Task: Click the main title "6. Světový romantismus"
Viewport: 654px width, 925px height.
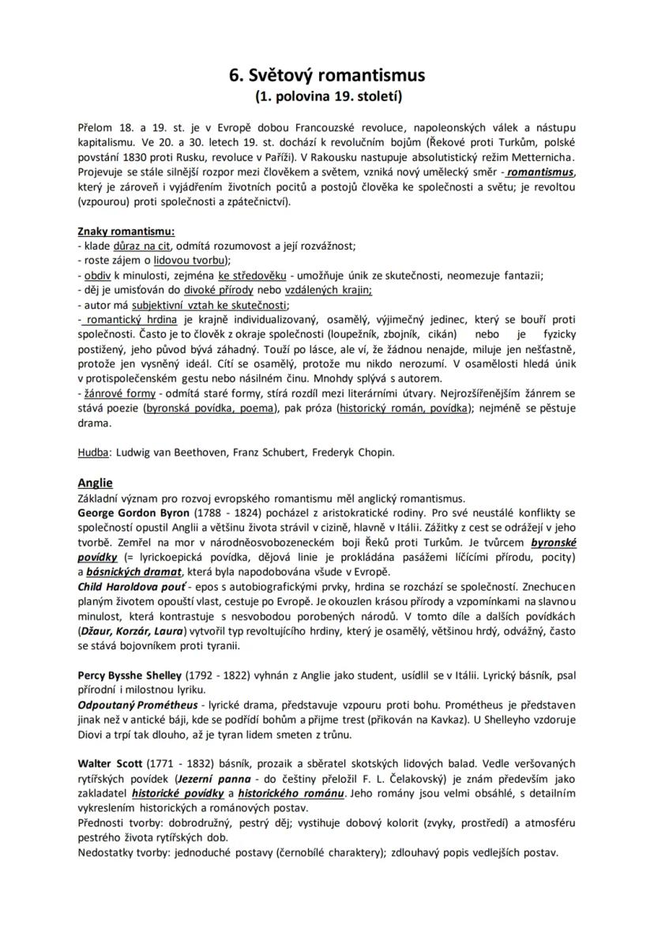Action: (327, 75)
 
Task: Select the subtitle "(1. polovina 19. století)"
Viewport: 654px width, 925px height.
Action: (327, 97)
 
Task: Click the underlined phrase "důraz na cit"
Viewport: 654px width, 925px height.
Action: (142, 246)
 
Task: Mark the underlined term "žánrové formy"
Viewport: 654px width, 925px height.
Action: (115, 393)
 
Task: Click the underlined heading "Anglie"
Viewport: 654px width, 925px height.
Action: (95, 483)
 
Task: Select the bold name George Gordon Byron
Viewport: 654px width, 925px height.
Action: (133, 513)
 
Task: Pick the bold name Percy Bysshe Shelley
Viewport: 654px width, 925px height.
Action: (130, 676)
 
